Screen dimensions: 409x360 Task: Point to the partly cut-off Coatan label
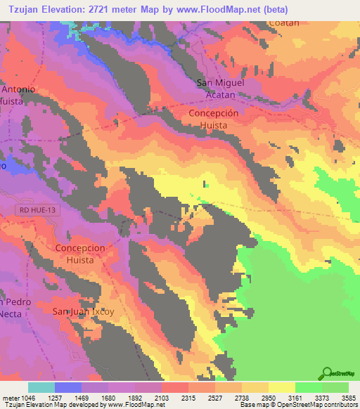click(283, 22)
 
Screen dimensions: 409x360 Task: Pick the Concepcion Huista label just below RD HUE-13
click(80, 254)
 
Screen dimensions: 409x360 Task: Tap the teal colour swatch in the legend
click(41, 387)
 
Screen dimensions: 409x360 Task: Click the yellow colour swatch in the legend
click(281, 387)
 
